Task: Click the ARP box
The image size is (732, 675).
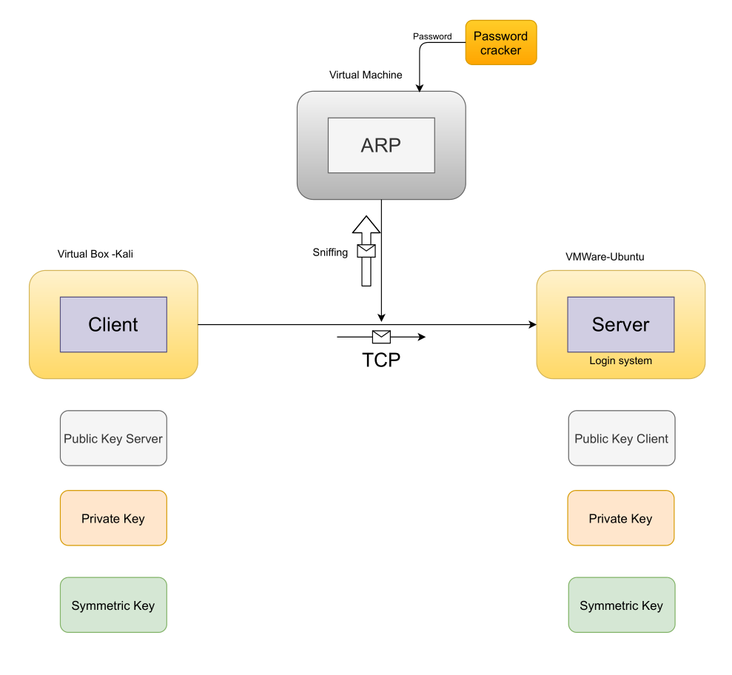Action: point(381,145)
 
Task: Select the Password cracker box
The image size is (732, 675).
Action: point(501,43)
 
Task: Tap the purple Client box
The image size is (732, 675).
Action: point(113,324)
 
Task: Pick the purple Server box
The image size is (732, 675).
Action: point(620,324)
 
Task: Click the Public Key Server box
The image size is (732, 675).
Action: point(113,438)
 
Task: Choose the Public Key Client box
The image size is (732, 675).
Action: point(622,438)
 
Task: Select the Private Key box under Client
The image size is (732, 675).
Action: point(113,518)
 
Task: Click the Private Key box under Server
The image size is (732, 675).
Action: point(620,518)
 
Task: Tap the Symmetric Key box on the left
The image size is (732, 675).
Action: point(113,605)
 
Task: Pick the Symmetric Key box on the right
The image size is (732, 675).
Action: point(622,605)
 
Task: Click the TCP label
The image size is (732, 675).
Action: point(381,360)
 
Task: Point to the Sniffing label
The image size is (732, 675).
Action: point(330,252)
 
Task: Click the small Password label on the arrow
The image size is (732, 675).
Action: point(432,36)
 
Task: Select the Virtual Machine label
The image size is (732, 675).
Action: point(366,75)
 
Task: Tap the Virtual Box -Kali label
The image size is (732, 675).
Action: point(95,254)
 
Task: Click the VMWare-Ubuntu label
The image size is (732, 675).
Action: point(605,257)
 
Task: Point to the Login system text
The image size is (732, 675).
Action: point(620,360)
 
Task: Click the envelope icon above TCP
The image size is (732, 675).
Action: point(381,337)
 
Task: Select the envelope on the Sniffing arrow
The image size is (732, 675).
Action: point(366,251)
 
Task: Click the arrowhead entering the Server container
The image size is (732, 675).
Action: point(531,324)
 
